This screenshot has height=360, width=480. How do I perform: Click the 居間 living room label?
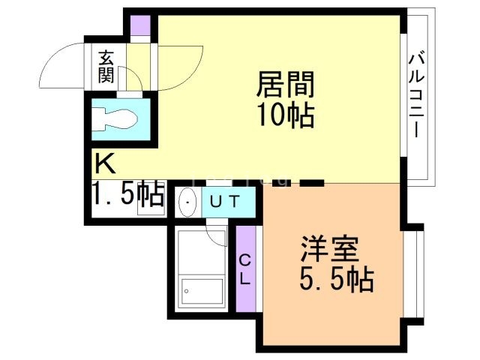pyautogui.click(x=284, y=85)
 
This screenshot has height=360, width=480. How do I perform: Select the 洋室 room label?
pyautogui.click(x=331, y=248)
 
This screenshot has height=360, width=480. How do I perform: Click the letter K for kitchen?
pyautogui.click(x=104, y=163)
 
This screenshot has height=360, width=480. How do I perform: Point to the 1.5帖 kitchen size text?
pyautogui.click(x=128, y=195)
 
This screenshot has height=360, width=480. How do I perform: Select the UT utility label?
pyautogui.click(x=223, y=201)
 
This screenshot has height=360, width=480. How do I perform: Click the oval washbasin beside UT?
pyautogui.click(x=187, y=202)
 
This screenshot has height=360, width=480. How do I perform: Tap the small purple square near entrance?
pyautogui.click(x=139, y=25)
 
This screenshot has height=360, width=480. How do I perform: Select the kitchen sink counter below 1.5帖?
pyautogui.click(x=151, y=211)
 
